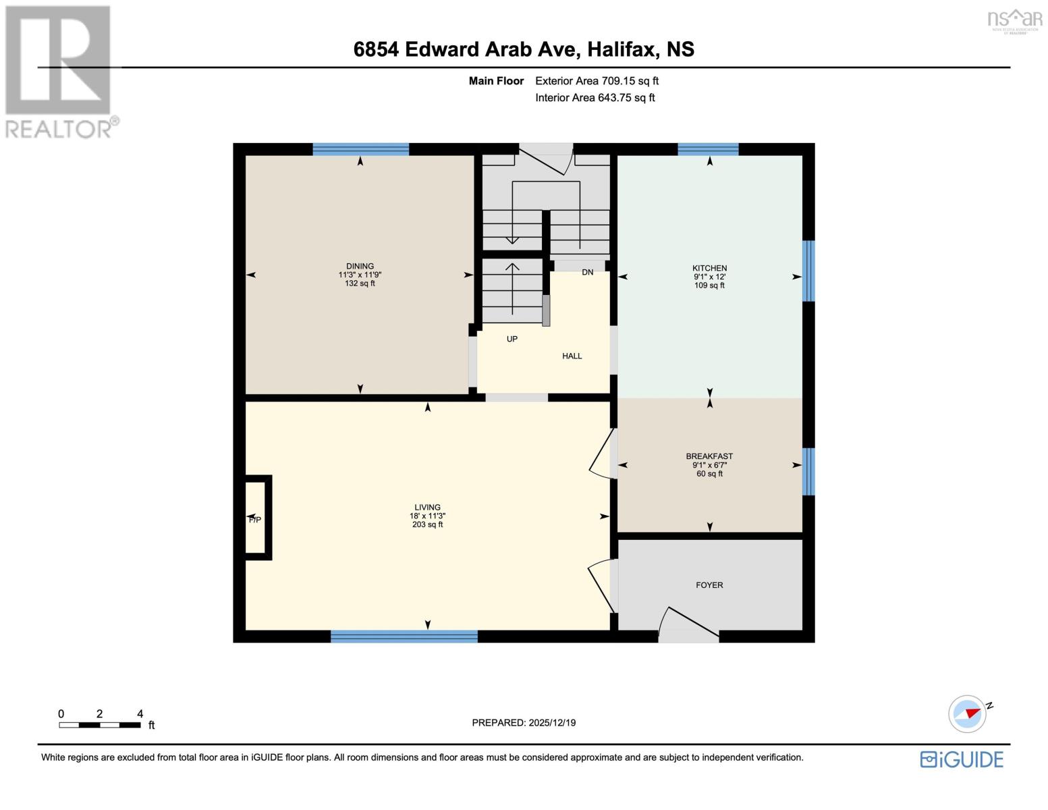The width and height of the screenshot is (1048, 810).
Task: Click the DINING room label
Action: pos(360,266)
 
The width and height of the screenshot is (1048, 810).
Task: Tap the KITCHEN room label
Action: pos(709,268)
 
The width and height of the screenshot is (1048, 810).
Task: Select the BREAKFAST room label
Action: pos(709,456)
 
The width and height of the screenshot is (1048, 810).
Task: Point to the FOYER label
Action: pos(709,585)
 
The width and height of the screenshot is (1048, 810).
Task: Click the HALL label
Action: pos(572,356)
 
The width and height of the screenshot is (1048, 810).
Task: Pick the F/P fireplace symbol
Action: pos(256,518)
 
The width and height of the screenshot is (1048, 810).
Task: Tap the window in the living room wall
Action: pos(404,636)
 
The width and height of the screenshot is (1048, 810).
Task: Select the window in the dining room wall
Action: pos(360,149)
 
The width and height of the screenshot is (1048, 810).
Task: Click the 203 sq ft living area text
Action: pos(427,524)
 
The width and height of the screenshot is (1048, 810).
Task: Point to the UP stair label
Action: pos(512,339)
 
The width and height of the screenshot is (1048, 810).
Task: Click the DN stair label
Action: pos(587,272)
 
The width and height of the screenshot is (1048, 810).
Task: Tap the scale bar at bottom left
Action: pos(100,725)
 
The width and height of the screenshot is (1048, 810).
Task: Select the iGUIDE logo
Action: pos(962,759)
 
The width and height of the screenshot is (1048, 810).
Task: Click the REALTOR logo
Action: pos(59,72)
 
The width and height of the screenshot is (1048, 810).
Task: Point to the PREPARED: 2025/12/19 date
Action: pos(524,723)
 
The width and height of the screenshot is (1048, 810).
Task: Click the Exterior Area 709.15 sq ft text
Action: pos(597,81)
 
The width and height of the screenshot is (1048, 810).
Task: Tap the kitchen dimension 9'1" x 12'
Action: pos(709,277)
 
